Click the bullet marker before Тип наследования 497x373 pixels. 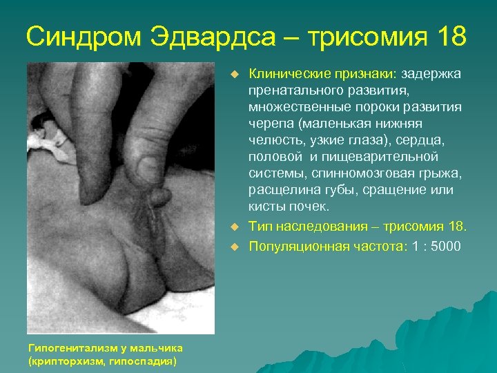[x=233, y=227]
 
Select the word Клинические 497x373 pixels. [x=284, y=73]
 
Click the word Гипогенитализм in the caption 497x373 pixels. [x=62, y=347]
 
